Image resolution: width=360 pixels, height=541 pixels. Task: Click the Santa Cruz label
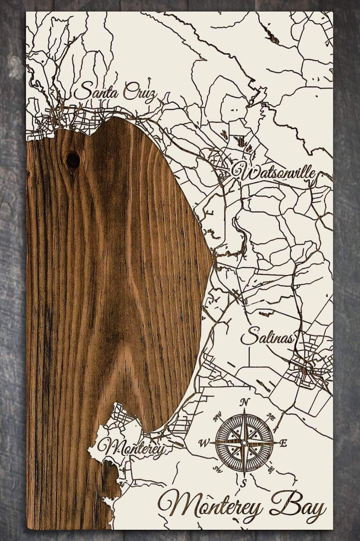(115, 92)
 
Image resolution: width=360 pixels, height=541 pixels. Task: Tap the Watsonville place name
(273, 172)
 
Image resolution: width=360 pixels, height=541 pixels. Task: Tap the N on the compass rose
(244, 402)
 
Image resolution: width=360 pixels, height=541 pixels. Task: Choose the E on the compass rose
(283, 443)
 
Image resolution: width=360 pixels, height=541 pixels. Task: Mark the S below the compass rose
(244, 482)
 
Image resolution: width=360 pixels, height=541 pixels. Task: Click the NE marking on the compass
(271, 417)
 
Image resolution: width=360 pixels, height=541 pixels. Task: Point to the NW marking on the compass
(217, 417)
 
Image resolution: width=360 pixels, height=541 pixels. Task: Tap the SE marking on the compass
(271, 469)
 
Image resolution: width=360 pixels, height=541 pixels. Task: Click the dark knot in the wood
(73, 158)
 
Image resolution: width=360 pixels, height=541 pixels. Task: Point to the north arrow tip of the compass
(244, 411)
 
